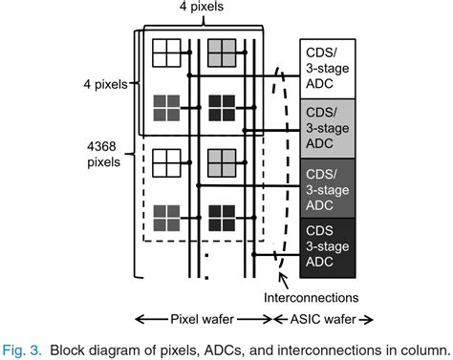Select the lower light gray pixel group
click(221, 164)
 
